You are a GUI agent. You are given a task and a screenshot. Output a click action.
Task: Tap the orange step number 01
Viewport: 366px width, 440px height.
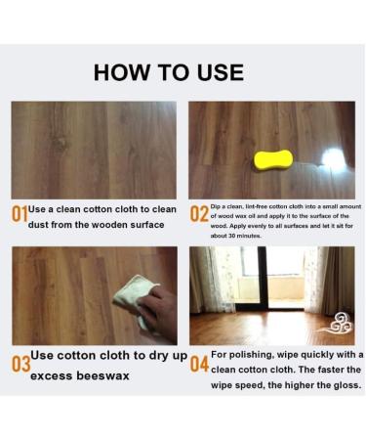coord(20,214)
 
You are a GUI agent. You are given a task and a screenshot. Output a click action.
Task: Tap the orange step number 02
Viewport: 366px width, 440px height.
coord(199,213)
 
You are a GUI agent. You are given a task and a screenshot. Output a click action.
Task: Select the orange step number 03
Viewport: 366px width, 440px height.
coord(20,364)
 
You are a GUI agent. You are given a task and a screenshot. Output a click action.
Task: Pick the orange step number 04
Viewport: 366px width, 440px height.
coord(199,364)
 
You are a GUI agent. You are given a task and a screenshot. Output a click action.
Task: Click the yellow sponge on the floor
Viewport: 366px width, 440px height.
coord(273,159)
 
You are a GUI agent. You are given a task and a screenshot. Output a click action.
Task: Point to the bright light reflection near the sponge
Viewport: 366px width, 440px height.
coord(333,158)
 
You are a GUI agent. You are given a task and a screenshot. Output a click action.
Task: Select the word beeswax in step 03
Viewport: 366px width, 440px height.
coord(102,375)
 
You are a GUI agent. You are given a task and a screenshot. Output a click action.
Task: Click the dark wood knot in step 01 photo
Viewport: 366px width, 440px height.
coord(60,144)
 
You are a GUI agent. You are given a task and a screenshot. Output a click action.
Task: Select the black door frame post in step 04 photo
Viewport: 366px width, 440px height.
coord(263,278)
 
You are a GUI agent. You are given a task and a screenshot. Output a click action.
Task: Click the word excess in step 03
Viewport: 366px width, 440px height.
coord(52,375)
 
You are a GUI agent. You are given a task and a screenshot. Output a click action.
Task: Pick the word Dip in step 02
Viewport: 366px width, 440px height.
coord(215,206)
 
